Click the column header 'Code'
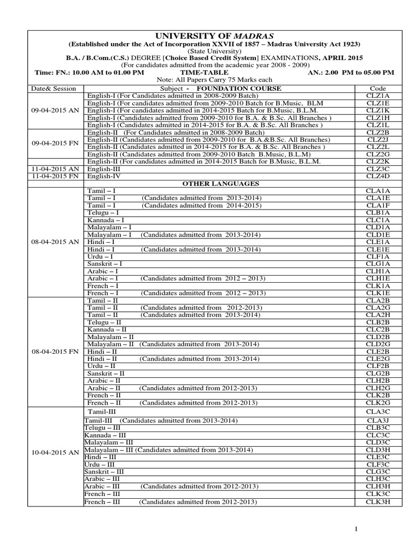pos(377,88)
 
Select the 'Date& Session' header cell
pos(49,88)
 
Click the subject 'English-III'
pos(102,169)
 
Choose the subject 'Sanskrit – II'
pos(106,373)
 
